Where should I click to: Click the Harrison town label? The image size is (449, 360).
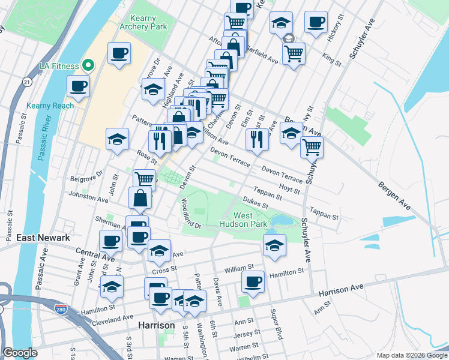coord(156,325)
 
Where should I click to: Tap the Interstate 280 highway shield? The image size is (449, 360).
coord(71,311)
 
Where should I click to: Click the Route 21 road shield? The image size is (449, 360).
coord(26,81)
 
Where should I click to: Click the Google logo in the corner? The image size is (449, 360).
coord(19,353)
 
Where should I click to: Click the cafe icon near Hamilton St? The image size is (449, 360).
coord(253,281)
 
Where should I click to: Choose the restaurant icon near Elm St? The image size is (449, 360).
coord(257,139)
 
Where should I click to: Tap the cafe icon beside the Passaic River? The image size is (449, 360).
coord(78,86)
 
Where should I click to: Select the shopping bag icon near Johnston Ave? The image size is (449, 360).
coord(140,197)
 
